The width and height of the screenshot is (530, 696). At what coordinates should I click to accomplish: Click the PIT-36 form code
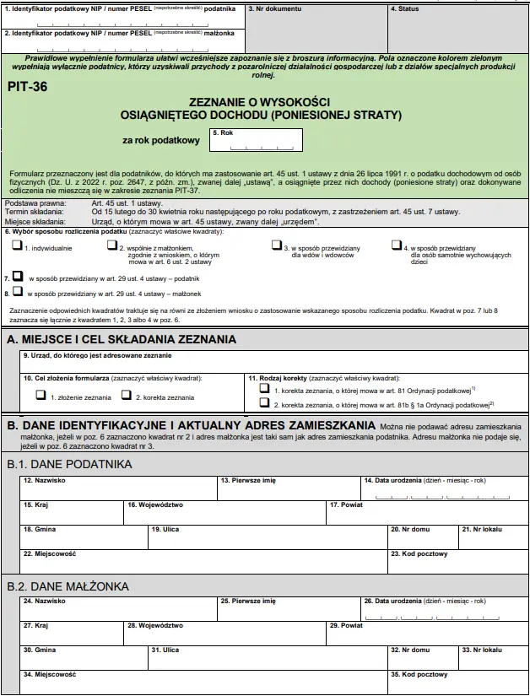pyautogui.click(x=27, y=86)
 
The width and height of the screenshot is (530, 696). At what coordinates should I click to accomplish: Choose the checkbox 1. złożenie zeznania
pyautogui.click(x=41, y=396)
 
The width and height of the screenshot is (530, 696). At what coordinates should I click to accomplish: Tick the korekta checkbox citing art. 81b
pyautogui.click(x=264, y=404)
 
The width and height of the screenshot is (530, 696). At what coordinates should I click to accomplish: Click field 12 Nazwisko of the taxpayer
pyautogui.click(x=118, y=488)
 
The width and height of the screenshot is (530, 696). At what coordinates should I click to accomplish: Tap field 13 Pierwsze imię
pyautogui.click(x=289, y=488)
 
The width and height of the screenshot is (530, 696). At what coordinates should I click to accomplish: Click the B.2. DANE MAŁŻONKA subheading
pyautogui.click(x=68, y=586)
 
